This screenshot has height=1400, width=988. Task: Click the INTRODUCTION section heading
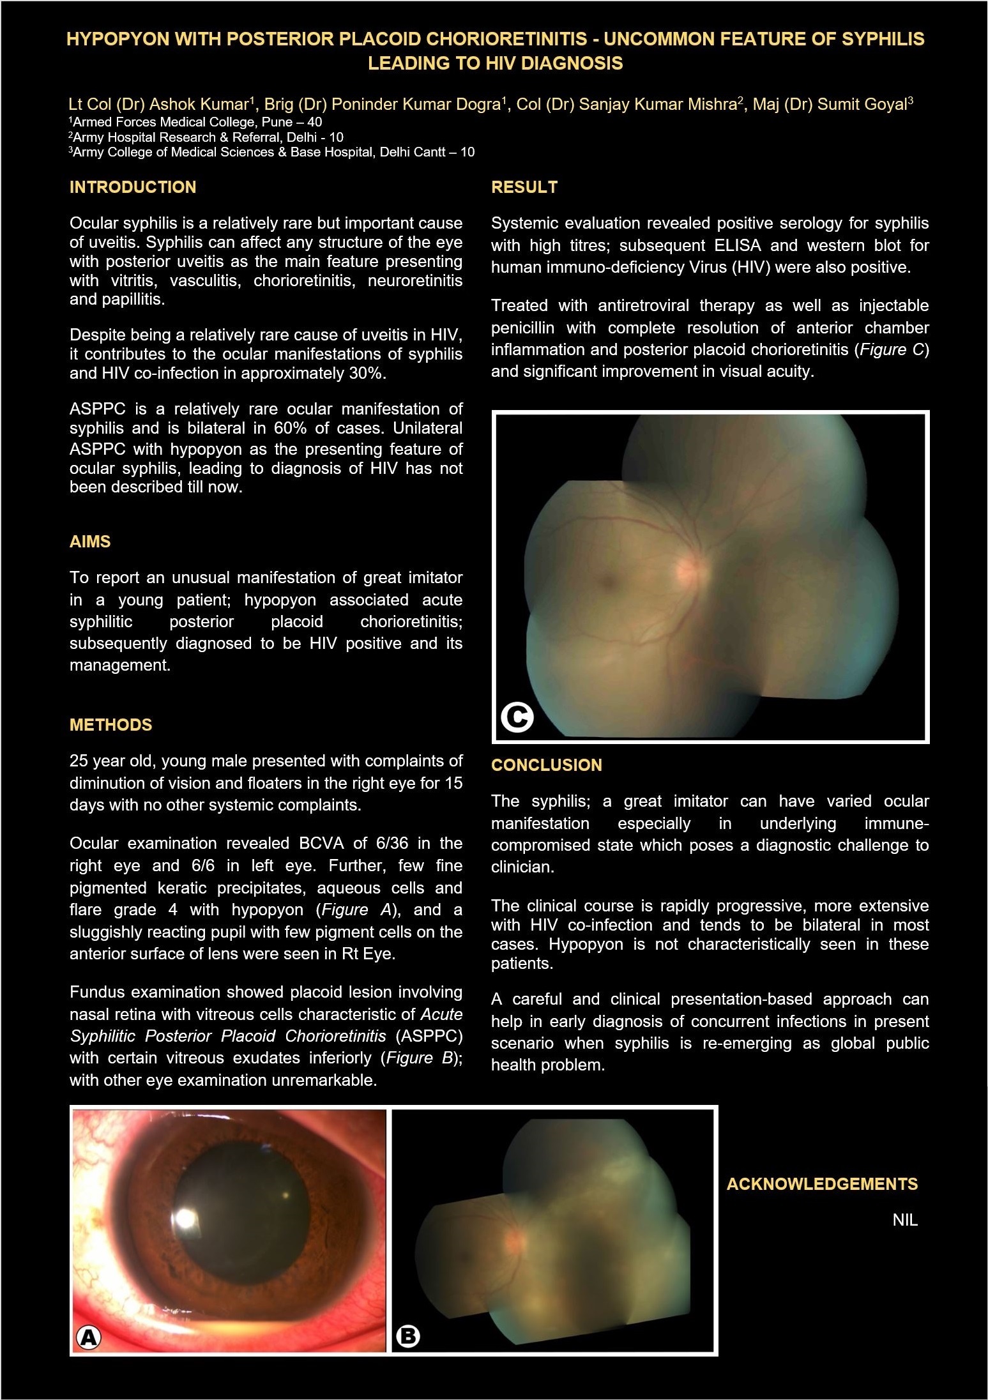point(133,187)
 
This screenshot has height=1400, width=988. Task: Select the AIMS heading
point(90,542)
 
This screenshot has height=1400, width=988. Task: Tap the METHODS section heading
point(111,725)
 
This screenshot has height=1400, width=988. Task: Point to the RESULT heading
point(524,187)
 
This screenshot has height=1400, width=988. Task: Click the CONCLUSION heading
point(547,765)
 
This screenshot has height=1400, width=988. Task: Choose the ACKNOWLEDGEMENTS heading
point(822,1184)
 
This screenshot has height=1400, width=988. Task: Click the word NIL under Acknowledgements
point(905,1221)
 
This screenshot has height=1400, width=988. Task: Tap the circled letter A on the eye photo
point(88,1337)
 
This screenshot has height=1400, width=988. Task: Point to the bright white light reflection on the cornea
point(186,1218)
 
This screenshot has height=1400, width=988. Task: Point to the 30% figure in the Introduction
point(367,373)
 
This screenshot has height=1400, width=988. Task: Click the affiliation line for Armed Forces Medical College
point(197,122)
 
